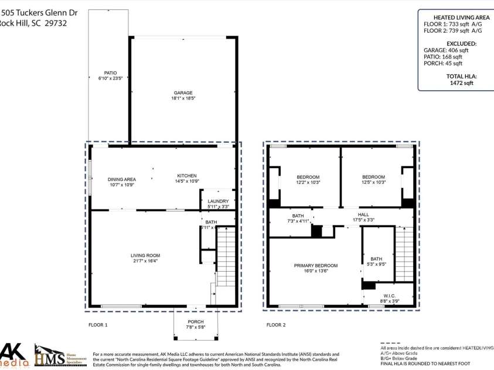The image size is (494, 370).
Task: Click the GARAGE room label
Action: click(x=183, y=92)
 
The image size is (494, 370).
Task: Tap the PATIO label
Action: click(x=103, y=73)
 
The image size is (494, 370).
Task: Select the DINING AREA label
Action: click(x=122, y=179)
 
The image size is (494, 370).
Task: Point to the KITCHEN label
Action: click(x=187, y=176)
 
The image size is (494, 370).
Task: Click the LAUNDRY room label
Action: click(x=218, y=201)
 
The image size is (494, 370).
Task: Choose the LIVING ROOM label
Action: click(x=145, y=255)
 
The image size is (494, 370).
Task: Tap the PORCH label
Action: click(x=195, y=321)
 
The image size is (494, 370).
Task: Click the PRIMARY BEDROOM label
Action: click(x=316, y=265)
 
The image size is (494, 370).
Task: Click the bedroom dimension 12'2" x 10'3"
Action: click(x=308, y=183)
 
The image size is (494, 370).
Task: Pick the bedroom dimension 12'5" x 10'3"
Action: click(x=373, y=183)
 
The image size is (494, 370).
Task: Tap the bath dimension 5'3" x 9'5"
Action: click(x=376, y=264)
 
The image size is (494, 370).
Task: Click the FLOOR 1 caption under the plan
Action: click(x=98, y=324)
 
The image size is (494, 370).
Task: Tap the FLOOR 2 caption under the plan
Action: click(x=276, y=324)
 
